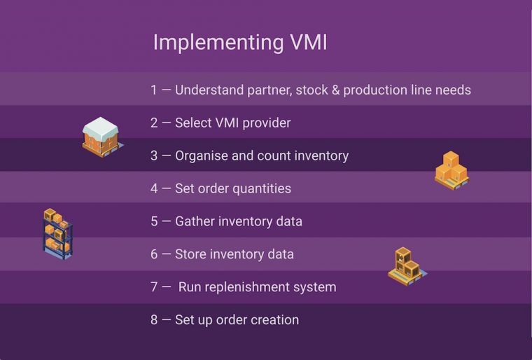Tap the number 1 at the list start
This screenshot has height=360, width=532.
154,90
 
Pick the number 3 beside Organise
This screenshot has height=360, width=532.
154,155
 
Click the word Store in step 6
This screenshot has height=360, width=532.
190,254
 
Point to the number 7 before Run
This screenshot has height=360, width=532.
154,287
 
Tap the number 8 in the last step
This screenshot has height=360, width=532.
154,320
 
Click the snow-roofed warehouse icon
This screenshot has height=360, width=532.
101,136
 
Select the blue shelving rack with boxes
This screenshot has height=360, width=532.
57,234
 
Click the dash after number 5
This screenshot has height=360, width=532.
167,221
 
